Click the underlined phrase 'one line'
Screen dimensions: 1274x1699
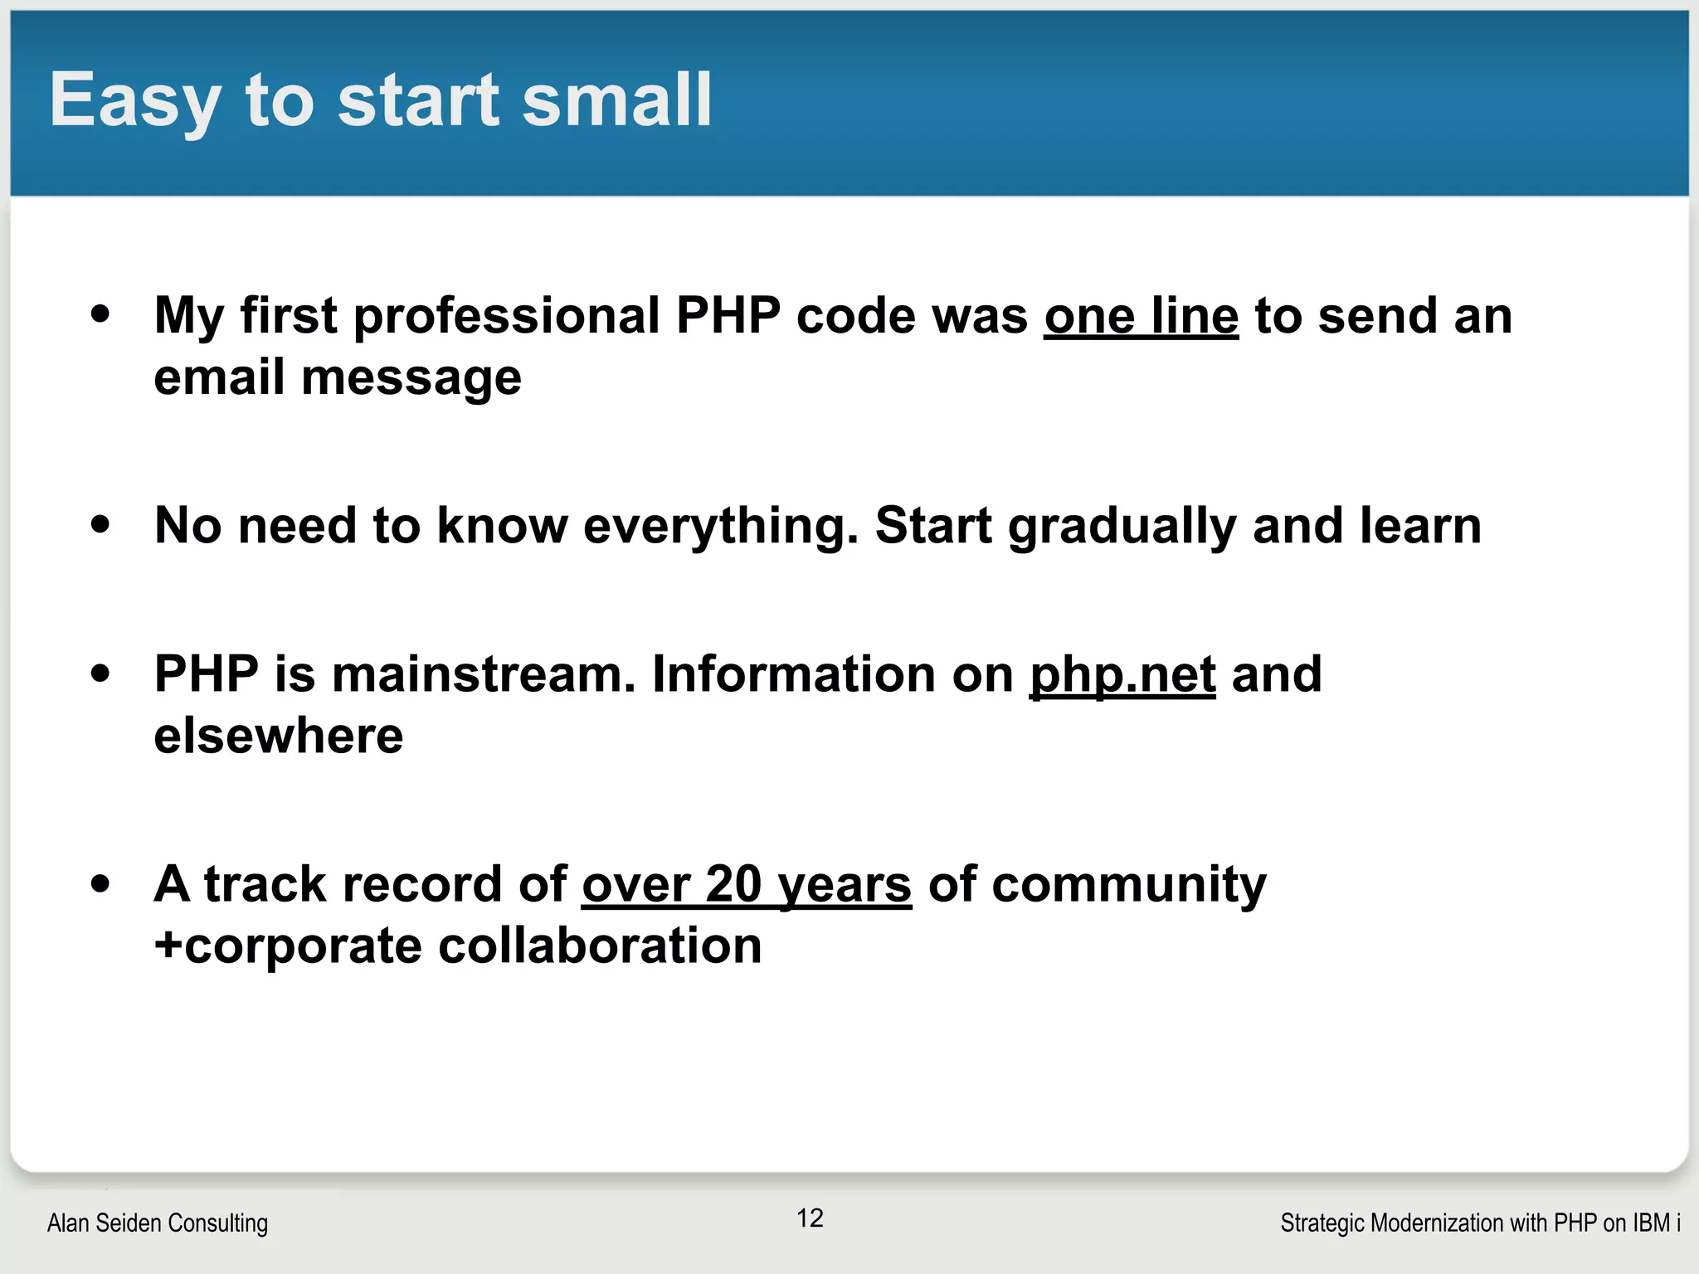1141,316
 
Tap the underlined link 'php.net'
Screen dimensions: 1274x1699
1122,673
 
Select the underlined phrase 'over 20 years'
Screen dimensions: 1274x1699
747,884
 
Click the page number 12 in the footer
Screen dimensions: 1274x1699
810,1218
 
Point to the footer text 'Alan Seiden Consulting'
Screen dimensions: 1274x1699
158,1223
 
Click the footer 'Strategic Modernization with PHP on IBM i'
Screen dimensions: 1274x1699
1480,1223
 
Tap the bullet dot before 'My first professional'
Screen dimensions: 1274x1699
100,315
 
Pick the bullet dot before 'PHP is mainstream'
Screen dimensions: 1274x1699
100,673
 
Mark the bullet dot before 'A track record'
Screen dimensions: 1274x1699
100,883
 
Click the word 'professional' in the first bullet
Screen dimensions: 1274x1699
506,316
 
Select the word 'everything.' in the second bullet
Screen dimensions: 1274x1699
720,526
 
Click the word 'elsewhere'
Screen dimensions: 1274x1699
279,736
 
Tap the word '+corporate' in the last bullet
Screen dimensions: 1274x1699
288,946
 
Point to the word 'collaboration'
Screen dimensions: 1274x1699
600,946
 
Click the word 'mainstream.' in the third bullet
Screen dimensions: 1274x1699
484,673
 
